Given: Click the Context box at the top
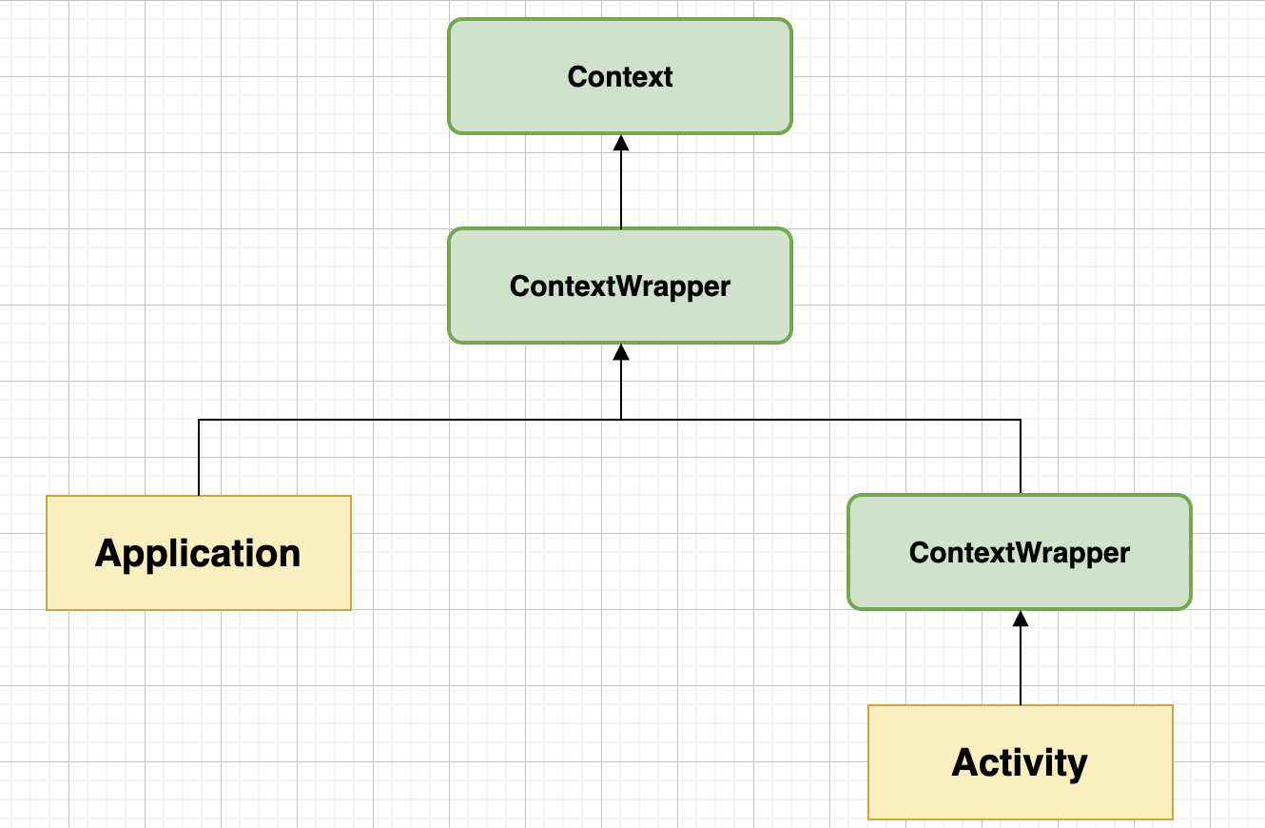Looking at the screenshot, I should click(x=620, y=76).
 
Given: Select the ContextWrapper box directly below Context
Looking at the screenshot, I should click(x=620, y=286).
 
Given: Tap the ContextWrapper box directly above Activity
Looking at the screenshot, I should click(x=1020, y=552).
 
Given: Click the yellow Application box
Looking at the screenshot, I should click(x=199, y=553).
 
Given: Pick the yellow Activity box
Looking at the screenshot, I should click(x=1021, y=762).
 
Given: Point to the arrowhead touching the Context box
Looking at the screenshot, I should click(x=621, y=143).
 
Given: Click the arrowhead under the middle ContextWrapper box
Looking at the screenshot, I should click(x=621, y=352).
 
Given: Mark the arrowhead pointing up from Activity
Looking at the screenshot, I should click(x=1021, y=619).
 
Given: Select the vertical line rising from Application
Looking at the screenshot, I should click(x=199, y=457).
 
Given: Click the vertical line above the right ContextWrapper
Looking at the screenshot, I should click(x=1021, y=457).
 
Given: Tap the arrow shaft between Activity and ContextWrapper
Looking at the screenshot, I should click(x=1021, y=666).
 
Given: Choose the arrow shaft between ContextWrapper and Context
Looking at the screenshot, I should click(x=621, y=190).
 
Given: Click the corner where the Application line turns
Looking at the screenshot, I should click(x=199, y=419).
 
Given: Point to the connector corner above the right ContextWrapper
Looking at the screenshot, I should click(x=1021, y=419).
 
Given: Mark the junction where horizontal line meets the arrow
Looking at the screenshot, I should click(x=621, y=419).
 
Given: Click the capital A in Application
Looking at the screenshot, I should click(x=108, y=553).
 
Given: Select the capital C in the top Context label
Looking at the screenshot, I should click(x=576, y=76).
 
